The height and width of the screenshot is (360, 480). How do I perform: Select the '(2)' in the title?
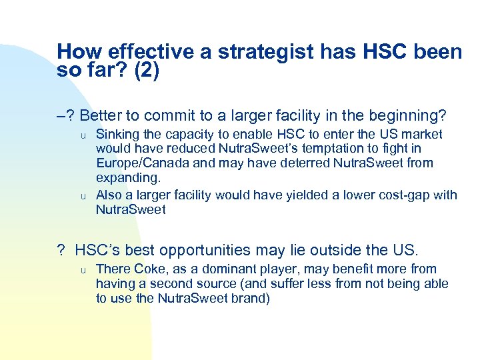pyautogui.click(x=147, y=70)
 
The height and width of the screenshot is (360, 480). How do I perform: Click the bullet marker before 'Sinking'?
pyautogui.click(x=84, y=135)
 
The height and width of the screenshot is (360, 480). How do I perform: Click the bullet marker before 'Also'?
pyautogui.click(x=84, y=196)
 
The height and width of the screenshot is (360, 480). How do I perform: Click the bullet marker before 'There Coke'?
pyautogui.click(x=84, y=271)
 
